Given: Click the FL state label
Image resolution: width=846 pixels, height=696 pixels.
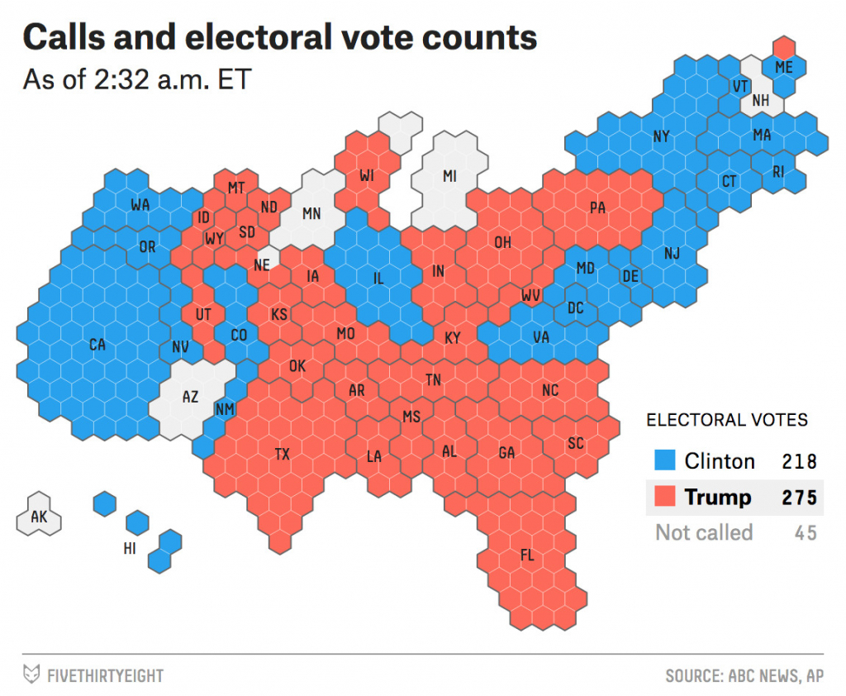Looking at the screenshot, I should (x=526, y=555).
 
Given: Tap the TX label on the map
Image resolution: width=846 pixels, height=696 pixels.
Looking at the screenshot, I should (x=283, y=454).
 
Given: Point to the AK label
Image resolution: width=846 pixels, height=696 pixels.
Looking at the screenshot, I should (x=39, y=517).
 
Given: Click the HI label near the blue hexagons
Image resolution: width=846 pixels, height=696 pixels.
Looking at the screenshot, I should (x=131, y=548).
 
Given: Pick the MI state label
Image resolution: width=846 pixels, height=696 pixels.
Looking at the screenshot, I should (x=449, y=176).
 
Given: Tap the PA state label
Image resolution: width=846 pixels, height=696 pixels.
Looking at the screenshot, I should (x=597, y=208).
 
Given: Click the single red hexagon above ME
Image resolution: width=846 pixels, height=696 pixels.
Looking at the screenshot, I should (x=784, y=46).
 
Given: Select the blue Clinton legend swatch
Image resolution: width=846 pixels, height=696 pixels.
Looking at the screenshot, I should (x=665, y=460).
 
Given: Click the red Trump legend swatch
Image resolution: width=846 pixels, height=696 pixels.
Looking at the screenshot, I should (x=665, y=497).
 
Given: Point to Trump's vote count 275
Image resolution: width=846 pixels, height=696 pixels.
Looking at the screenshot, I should (x=800, y=498).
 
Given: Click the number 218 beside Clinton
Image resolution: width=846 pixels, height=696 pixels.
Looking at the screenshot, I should (x=800, y=461).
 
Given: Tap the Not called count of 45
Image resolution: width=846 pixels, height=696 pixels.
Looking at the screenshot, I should (x=806, y=533).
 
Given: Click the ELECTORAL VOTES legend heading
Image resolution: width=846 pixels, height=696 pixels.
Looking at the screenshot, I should (x=727, y=420).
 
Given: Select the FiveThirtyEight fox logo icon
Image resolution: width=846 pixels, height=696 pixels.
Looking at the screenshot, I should (x=31, y=674).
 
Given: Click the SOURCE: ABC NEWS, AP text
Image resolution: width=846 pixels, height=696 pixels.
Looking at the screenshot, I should (x=744, y=675).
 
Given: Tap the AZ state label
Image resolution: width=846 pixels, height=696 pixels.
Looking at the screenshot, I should (x=190, y=397).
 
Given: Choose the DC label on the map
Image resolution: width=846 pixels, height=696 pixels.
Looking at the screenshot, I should (x=576, y=308).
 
